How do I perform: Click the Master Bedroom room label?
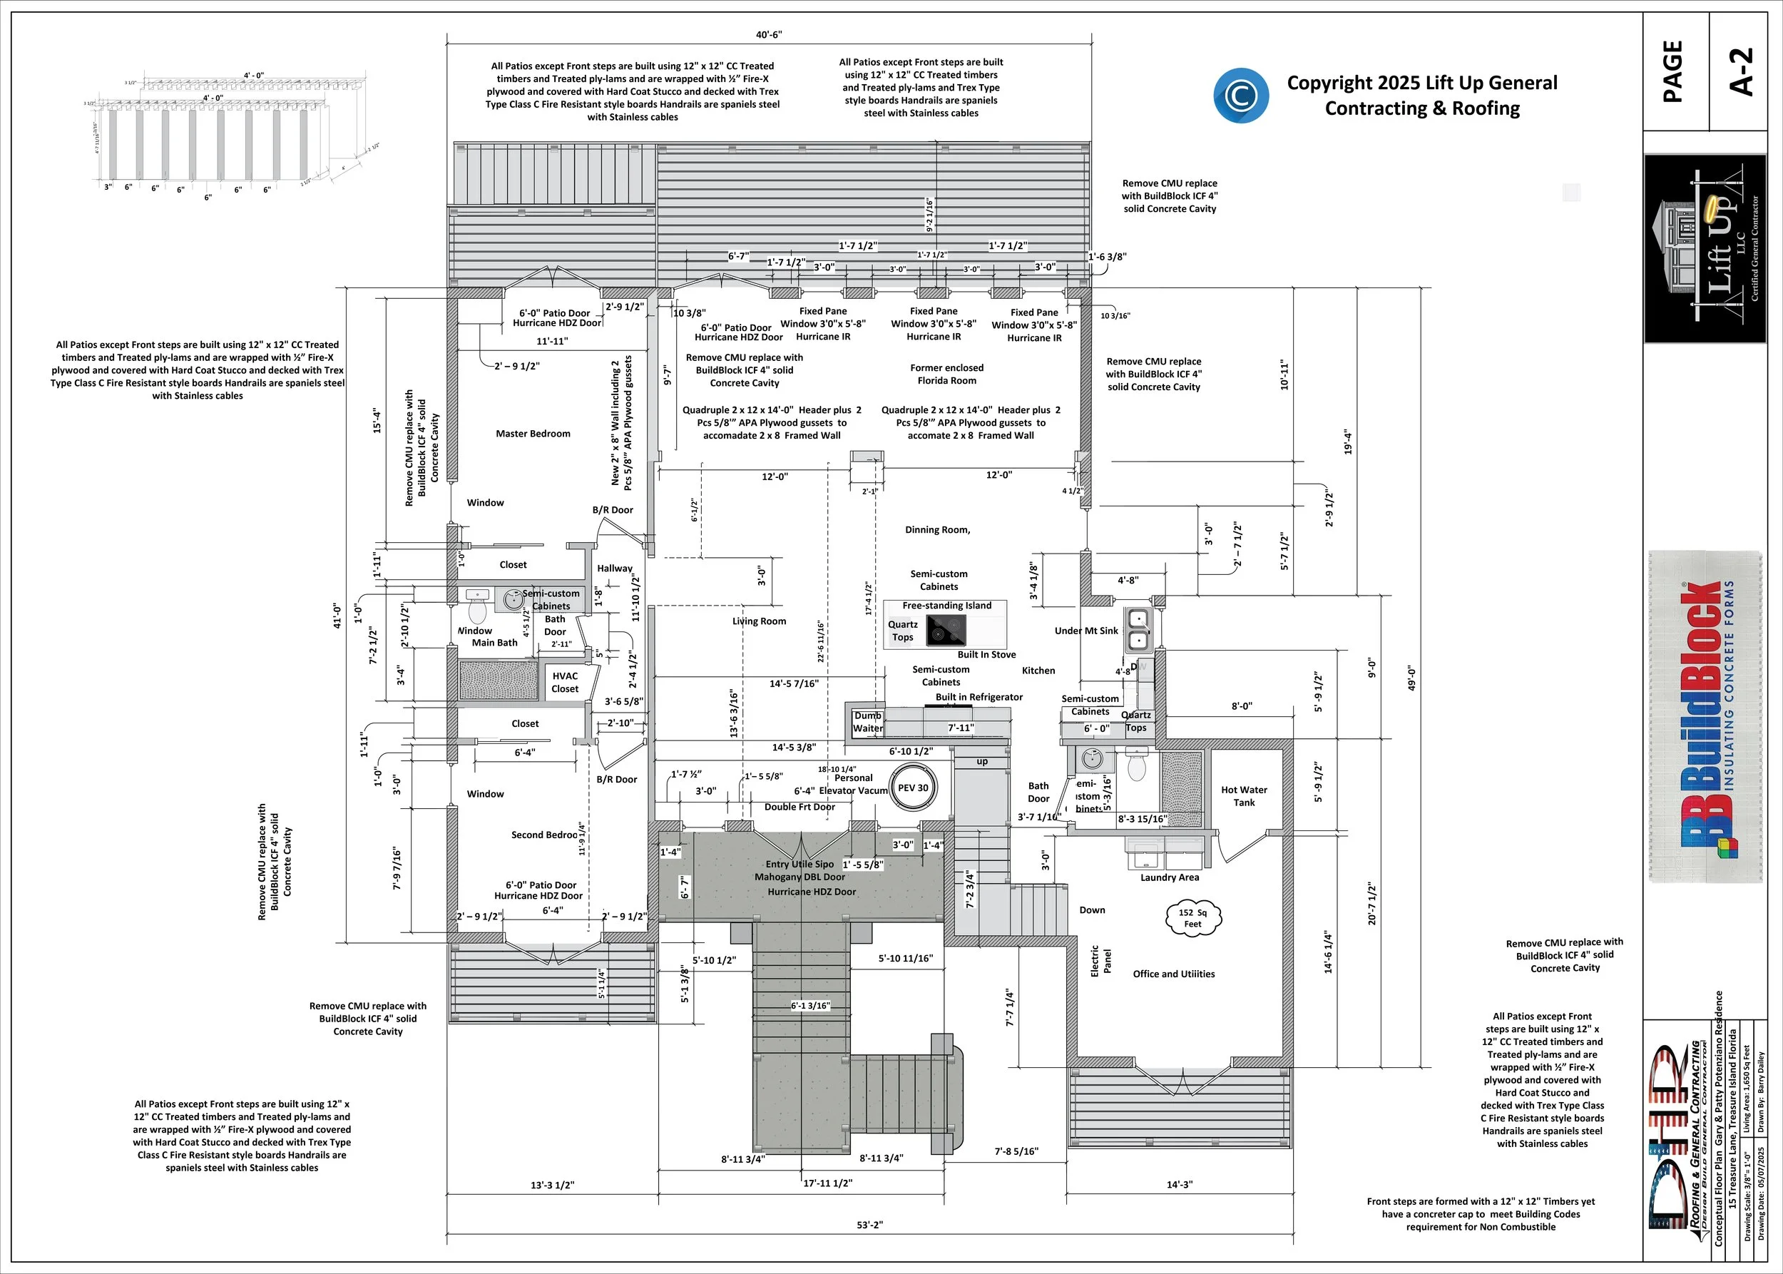point(533,434)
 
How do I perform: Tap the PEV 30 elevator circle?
point(912,788)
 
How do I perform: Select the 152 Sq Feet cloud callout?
point(1192,918)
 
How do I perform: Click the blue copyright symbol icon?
point(1240,96)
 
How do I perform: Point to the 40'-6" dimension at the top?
point(769,34)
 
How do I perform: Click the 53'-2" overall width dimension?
point(869,1225)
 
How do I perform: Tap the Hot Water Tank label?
point(1243,796)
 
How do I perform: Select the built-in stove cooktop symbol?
point(946,630)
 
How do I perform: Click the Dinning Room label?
point(937,529)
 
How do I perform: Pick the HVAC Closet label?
point(565,683)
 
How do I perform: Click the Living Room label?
point(760,621)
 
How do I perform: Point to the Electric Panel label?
point(1100,960)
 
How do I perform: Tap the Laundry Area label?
point(1170,878)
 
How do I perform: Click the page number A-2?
point(1741,72)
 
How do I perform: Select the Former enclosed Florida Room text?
point(947,374)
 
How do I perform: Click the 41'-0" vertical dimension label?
point(337,616)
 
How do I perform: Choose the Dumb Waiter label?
point(867,722)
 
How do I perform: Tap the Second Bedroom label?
point(544,835)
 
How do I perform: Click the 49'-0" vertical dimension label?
point(1411,678)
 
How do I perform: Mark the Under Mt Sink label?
point(1086,631)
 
